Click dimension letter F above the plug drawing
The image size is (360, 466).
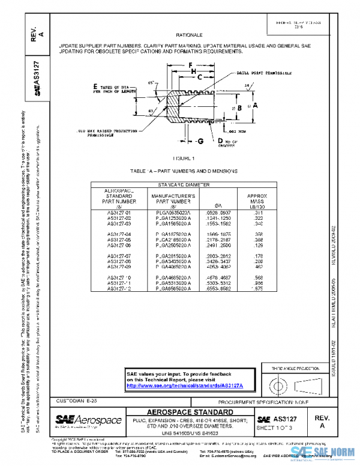pos(190,64)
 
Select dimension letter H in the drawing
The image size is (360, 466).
pos(193,71)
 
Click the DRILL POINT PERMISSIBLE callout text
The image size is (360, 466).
pos(264,71)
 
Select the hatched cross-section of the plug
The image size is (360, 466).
pos(173,107)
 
